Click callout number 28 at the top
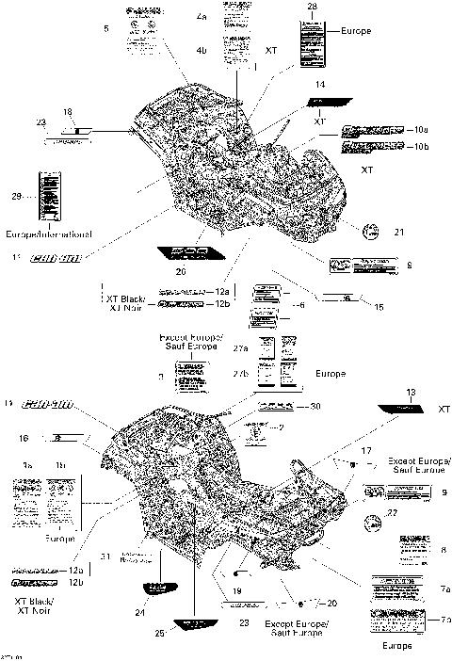point(314,8)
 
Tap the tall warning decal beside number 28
point(311,42)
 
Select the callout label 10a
point(421,129)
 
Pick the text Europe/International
point(49,233)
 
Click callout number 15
point(379,307)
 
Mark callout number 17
point(366,451)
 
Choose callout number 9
point(443,492)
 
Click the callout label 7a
point(444,587)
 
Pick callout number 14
point(320,85)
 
